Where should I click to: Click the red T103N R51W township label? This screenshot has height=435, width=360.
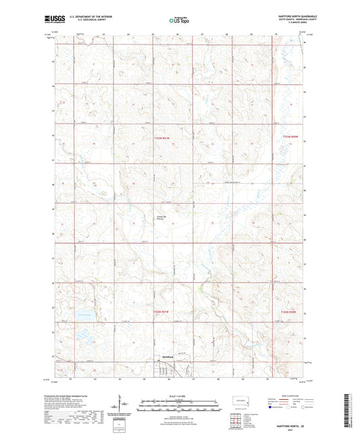tap(157, 138)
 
